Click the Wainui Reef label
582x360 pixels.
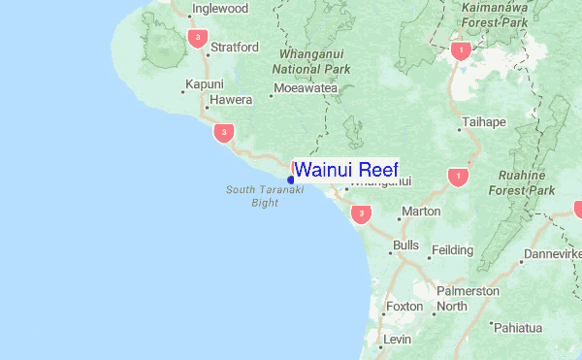345,169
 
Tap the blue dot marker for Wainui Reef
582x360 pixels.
291,180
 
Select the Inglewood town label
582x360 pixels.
221,9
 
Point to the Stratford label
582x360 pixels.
235,47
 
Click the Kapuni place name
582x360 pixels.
205,84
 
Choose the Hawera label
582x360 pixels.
233,99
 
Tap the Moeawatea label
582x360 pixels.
306,88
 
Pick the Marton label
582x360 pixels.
421,211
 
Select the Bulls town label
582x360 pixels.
406,245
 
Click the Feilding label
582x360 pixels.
452,249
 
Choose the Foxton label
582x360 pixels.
404,306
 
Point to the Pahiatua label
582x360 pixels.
523,328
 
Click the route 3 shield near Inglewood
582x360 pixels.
198,39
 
